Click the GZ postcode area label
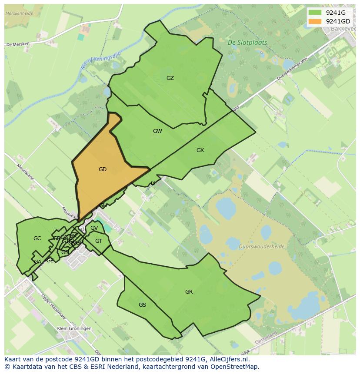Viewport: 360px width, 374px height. tap(170, 78)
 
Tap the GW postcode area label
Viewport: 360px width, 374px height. tap(157, 131)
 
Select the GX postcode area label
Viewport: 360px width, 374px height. tap(200, 150)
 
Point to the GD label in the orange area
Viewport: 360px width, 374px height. tap(103, 169)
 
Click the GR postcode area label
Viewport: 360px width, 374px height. tap(189, 292)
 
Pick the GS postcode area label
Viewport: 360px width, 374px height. tap(142, 305)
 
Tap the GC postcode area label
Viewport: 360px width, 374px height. tap(37, 238)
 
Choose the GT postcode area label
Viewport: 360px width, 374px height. tap(99, 241)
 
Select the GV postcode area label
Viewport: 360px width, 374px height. tap(94, 228)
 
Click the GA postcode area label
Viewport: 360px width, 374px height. tap(38, 262)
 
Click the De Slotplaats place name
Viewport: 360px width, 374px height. tap(247, 43)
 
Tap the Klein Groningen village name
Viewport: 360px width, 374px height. tap(74, 329)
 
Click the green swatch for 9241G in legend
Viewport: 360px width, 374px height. tap(315, 13)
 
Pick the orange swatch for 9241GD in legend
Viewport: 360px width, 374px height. tap(315, 21)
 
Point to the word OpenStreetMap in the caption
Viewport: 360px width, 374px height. tap(235, 367)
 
